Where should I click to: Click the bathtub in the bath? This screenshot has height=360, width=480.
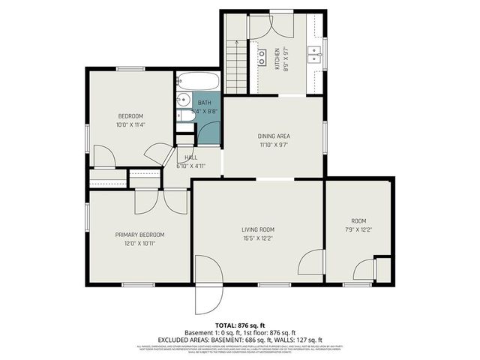coord(198,81)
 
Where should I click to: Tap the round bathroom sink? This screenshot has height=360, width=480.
coord(183,98)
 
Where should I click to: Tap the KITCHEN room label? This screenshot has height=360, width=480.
coord(277,55)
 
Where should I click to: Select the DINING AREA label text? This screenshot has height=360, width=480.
coord(274,136)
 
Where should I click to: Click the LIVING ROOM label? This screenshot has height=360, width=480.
coord(257,229)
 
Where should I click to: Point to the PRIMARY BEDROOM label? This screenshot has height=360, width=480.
coord(139,235)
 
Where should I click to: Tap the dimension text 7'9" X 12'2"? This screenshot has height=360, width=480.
coord(358,229)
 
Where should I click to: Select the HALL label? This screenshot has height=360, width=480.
coord(190,157)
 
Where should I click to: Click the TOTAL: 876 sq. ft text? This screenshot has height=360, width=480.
coord(239,325)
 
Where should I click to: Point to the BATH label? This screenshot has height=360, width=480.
coord(204,103)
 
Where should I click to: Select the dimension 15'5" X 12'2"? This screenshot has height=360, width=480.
coord(257,238)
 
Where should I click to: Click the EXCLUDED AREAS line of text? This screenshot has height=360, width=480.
coord(239,339)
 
